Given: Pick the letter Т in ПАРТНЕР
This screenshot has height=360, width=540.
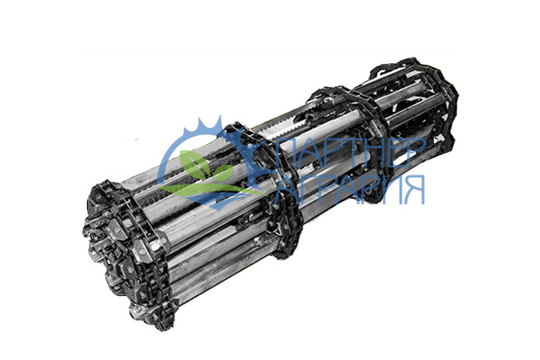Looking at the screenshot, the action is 345,153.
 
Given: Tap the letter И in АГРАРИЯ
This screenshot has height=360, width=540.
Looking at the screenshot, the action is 391,190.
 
